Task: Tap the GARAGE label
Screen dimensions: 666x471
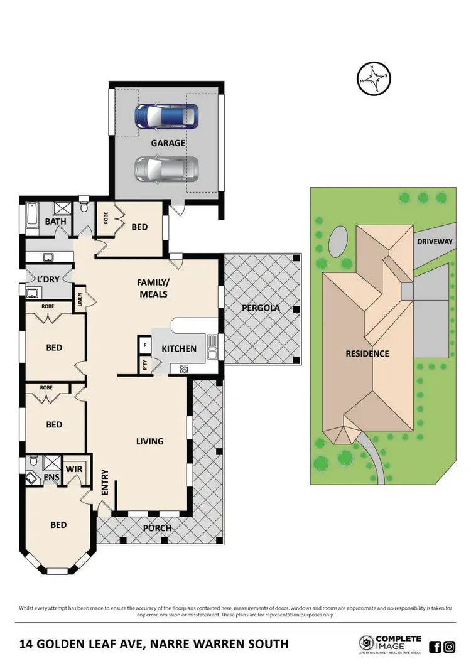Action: coord(168,143)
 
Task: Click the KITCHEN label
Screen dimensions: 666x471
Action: coord(179,349)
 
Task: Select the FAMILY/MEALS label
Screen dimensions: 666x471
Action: coord(153,288)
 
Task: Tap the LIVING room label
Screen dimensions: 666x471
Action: coord(149,441)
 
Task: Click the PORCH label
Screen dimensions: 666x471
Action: coord(157,528)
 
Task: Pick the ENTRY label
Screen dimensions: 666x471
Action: coord(105,482)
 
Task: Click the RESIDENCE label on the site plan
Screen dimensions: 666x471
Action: coord(367,353)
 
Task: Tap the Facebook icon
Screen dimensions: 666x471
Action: coord(435,647)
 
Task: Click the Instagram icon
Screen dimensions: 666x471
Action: coord(450,647)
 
